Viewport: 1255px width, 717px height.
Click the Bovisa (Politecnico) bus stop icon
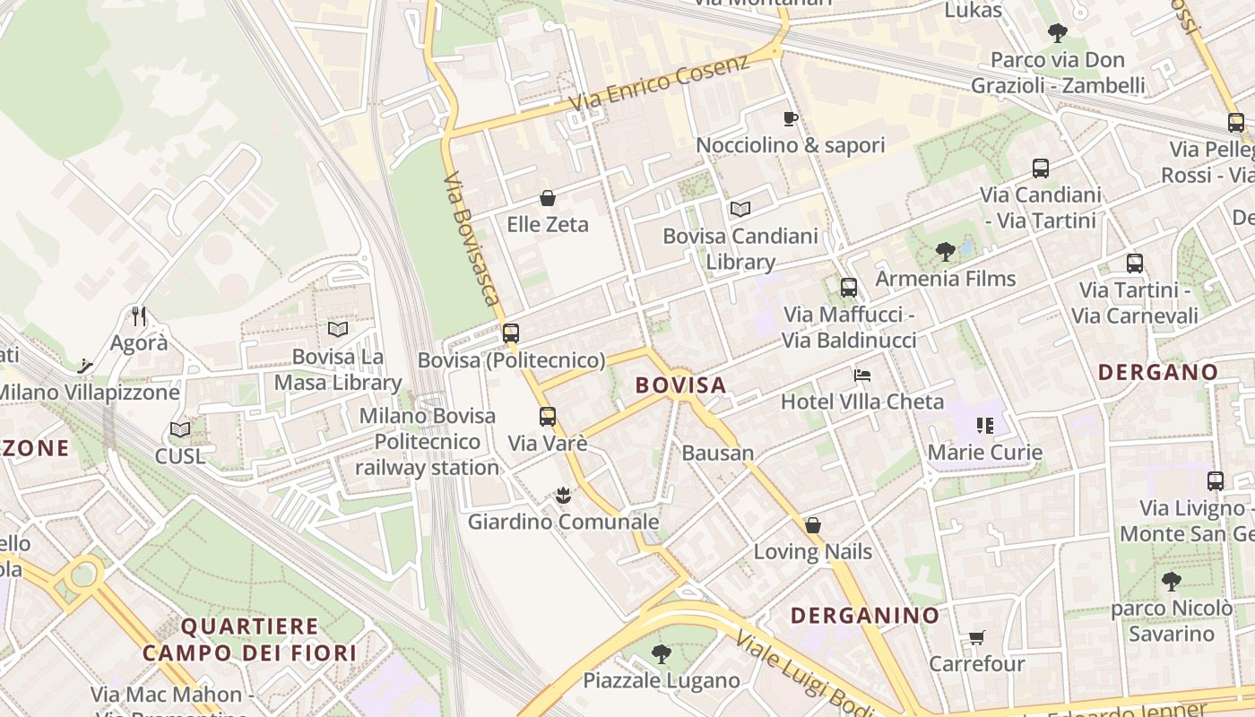tap(511, 333)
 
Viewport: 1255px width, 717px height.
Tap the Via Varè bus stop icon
tap(547, 417)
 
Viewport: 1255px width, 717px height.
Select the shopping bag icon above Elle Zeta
tap(548, 198)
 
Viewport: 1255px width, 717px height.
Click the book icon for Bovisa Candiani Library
tap(740, 210)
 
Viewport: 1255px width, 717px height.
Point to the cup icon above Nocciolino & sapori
tap(790, 118)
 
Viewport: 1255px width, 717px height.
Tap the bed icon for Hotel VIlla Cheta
tap(862, 375)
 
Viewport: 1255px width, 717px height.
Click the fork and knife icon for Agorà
tap(139, 315)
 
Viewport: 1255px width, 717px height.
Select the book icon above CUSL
tap(180, 429)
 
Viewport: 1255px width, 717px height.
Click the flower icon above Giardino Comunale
tap(563, 495)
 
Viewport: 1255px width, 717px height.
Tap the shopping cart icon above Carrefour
tap(976, 637)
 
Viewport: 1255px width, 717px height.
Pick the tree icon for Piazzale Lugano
tap(662, 653)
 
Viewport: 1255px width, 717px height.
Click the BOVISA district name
tap(680, 385)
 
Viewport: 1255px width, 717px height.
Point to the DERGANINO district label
tap(865, 616)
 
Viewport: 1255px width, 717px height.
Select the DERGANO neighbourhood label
tap(1158, 372)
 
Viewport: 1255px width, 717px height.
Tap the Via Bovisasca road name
tap(471, 238)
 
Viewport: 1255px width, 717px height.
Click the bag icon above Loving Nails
tap(812, 525)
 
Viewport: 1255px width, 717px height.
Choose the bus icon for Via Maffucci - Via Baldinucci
tap(848, 288)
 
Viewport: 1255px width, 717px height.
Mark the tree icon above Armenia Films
tap(945, 252)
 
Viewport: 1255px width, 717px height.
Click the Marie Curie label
tap(984, 453)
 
